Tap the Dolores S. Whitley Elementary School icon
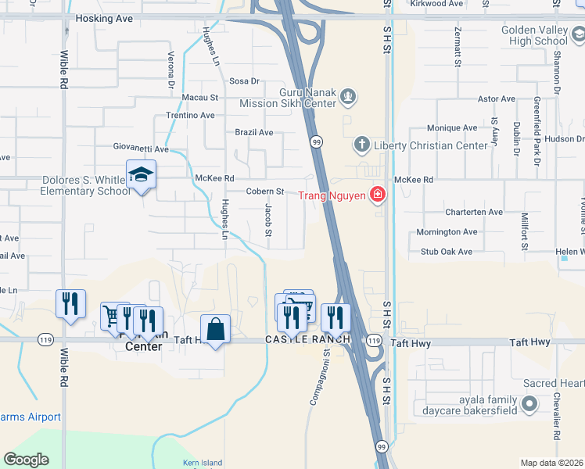(142, 175)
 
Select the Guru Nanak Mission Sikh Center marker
(348, 98)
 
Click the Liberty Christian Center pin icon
(361, 144)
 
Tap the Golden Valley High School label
(535, 35)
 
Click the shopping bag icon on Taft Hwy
(216, 329)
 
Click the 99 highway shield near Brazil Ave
(315, 141)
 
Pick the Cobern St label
(264, 192)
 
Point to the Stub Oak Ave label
(447, 252)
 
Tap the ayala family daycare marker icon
(529, 404)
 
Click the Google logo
(26, 460)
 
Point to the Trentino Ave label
(190, 115)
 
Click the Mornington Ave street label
(447, 232)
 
